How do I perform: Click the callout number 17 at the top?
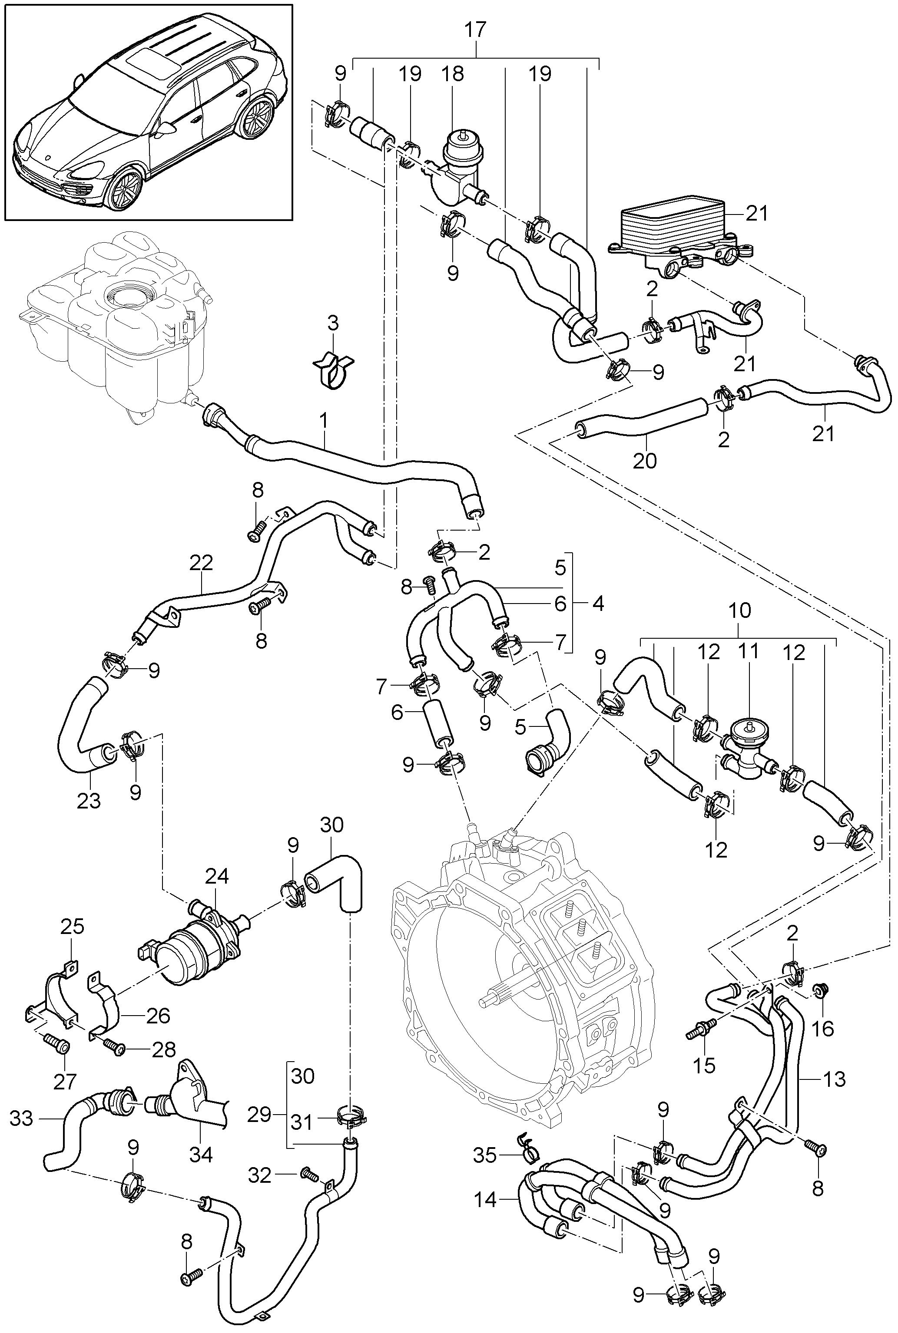tap(475, 30)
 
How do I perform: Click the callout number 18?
tap(452, 74)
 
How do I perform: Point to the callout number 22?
tap(202, 563)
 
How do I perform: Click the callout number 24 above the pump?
tap(217, 876)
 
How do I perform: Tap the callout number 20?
tap(644, 460)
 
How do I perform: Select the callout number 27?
tap(64, 1081)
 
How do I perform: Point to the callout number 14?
tap(485, 1199)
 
